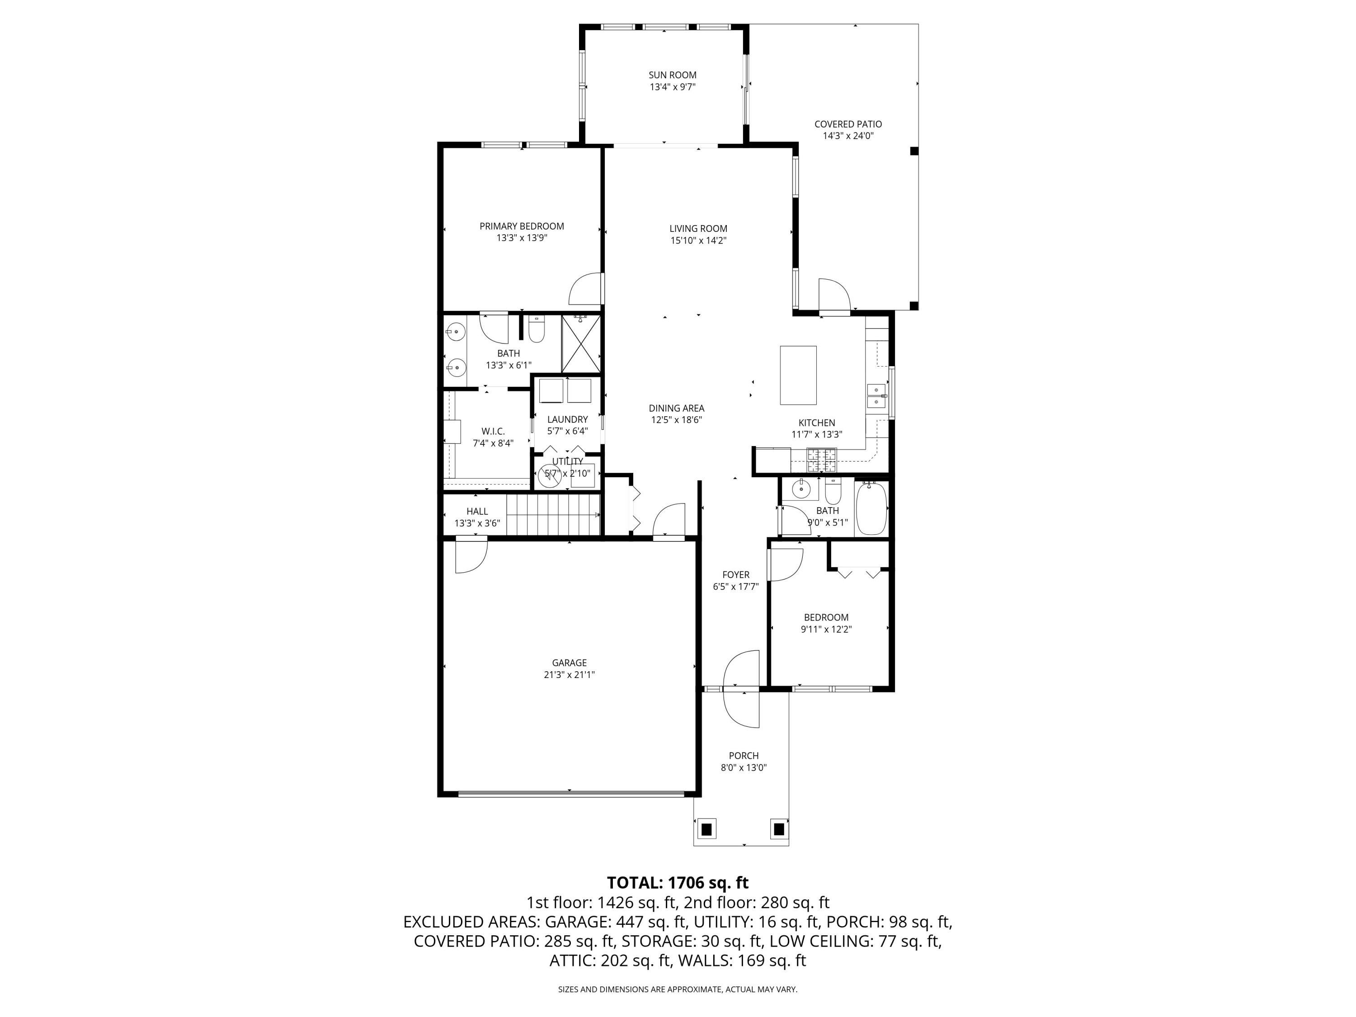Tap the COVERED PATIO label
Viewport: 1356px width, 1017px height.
[848, 124]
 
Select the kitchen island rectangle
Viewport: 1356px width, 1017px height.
[798, 375]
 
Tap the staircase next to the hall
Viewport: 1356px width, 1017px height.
[553, 515]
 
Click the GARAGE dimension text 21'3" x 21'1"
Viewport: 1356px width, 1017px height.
[570, 675]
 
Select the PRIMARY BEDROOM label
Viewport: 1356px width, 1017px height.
[522, 226]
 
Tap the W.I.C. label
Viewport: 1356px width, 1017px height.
[493, 432]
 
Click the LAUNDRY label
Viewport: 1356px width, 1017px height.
[568, 419]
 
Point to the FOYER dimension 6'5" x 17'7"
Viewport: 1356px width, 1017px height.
[735, 587]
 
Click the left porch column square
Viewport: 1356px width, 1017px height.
[706, 829]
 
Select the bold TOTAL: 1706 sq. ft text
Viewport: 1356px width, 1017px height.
[678, 883]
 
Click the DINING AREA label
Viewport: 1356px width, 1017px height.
[676, 408]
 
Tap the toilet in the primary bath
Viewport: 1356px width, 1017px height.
[537, 329]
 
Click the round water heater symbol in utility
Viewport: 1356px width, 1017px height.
[549, 475]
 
